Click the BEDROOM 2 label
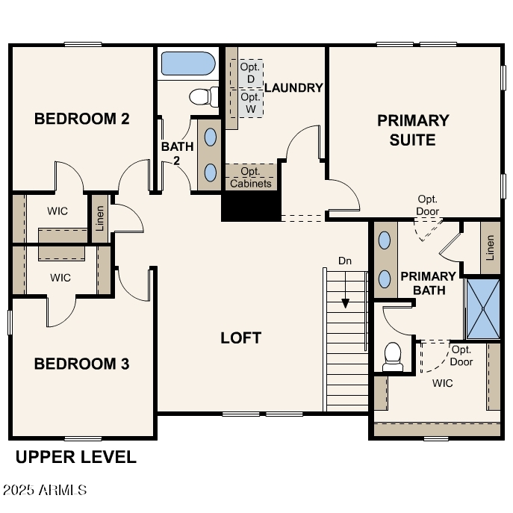click(82, 119)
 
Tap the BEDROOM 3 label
click(82, 364)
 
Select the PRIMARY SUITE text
click(413, 130)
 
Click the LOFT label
click(240, 338)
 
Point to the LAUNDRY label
click(293, 87)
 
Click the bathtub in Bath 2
click(187, 63)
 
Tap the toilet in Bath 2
click(202, 96)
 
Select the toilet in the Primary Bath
click(392, 356)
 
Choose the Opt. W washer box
click(251, 102)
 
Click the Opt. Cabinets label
click(251, 178)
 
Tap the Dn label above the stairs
click(345, 261)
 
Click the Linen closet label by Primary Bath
click(490, 248)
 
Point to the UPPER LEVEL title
click(76, 457)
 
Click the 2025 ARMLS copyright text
click(45, 491)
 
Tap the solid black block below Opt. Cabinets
click(250, 205)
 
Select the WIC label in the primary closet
click(443, 383)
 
